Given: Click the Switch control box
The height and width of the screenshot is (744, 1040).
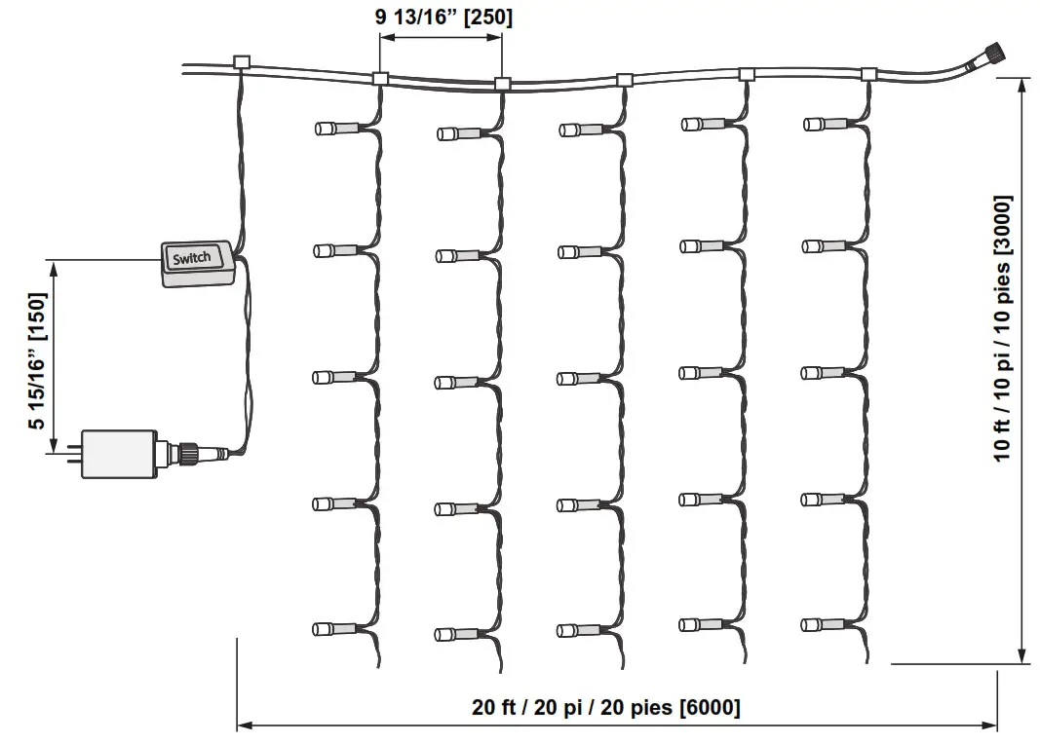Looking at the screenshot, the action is click(x=198, y=264).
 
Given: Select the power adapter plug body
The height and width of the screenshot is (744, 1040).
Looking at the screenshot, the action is click(x=119, y=454).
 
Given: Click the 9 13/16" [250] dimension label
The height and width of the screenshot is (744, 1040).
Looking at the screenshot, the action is click(x=443, y=17).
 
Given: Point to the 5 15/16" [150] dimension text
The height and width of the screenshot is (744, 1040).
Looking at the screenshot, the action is click(x=38, y=361).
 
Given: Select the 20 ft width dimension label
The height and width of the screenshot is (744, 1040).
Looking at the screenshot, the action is click(x=605, y=707).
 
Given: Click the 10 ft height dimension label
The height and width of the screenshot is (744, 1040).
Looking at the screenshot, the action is click(x=1002, y=328).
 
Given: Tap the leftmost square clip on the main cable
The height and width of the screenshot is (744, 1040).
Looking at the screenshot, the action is click(x=242, y=63).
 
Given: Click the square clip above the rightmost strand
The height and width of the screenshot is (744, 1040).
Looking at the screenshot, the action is click(x=868, y=74).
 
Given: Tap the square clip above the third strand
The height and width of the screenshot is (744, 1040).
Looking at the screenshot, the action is click(x=624, y=80).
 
